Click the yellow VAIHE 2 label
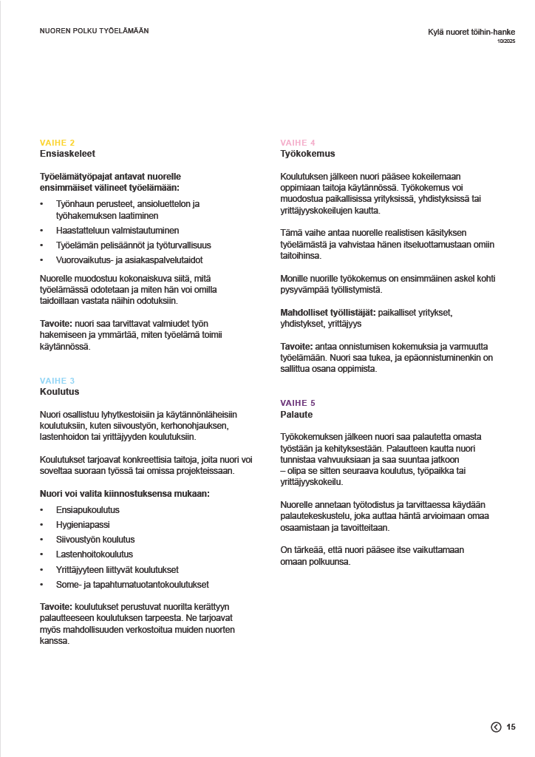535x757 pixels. point(57,143)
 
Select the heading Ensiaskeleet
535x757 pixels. point(67,154)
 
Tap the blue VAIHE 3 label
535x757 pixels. point(57,381)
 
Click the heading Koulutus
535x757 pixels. point(59,392)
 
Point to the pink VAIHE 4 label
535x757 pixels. point(298,143)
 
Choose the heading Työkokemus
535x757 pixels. point(307,154)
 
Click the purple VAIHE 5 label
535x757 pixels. point(298,403)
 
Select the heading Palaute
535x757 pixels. point(296,414)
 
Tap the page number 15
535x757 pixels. point(511,727)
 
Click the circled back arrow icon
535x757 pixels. point(496,727)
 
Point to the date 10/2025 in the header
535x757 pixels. point(506,41)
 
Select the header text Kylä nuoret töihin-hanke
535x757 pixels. point(471,32)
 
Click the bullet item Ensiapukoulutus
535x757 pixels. point(88,510)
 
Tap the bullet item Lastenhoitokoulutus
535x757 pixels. point(95,554)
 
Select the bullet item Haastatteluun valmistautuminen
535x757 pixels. point(117,231)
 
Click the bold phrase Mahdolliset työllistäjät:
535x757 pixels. point(327,313)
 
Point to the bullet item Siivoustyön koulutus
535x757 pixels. point(95,540)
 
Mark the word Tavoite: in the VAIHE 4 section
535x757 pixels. point(297,347)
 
